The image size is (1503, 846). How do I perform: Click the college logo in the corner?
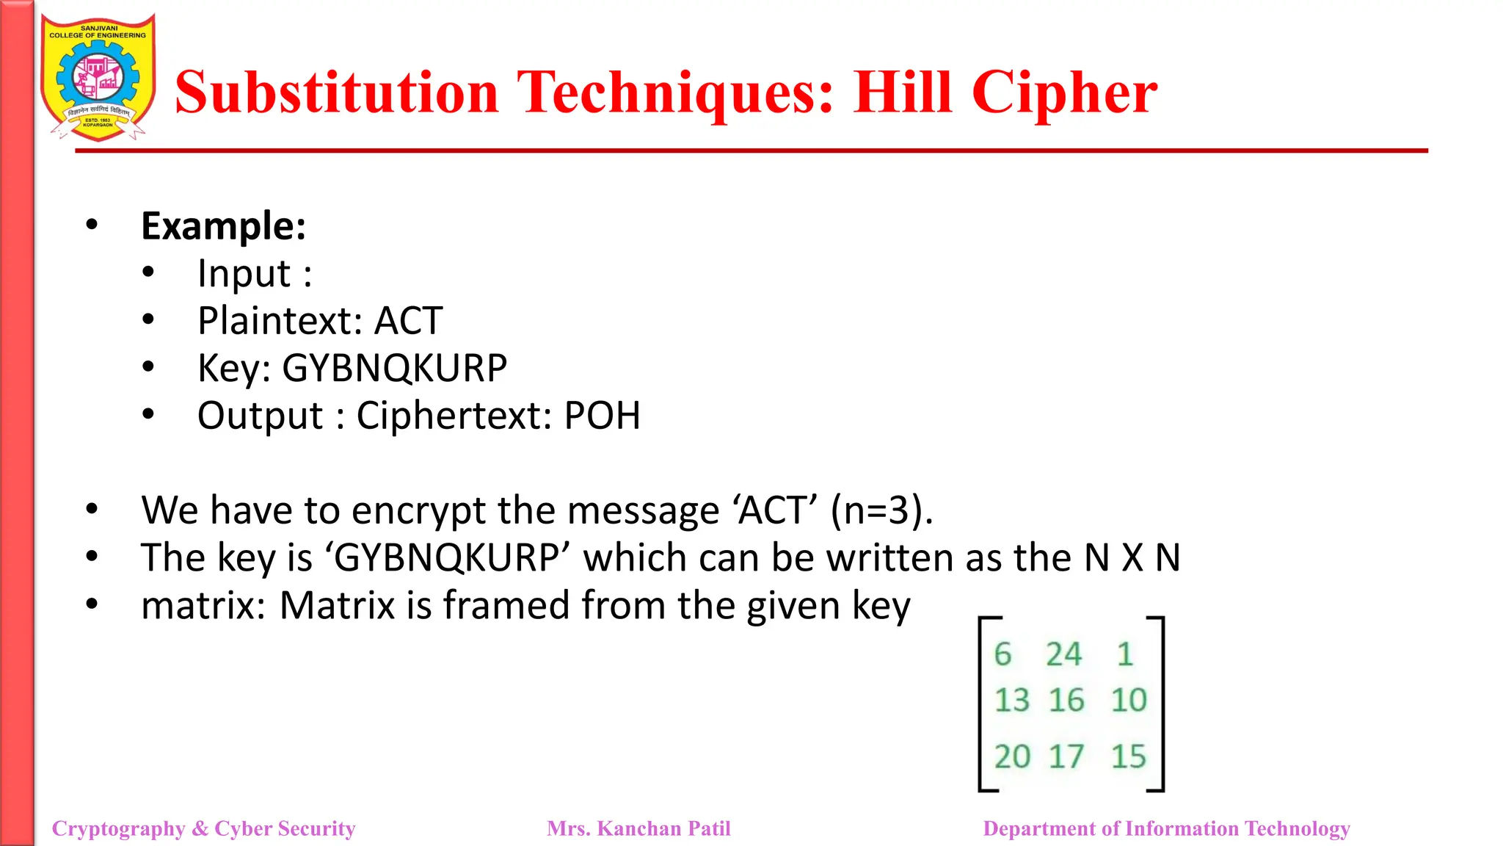click(x=98, y=78)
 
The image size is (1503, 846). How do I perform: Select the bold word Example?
click(x=223, y=226)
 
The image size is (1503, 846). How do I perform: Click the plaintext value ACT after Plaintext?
click(x=408, y=321)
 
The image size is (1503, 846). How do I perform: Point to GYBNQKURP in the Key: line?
click(x=395, y=368)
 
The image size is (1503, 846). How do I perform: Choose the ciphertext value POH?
click(x=602, y=416)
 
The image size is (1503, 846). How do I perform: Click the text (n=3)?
click(x=881, y=510)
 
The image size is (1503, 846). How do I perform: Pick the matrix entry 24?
click(x=1063, y=654)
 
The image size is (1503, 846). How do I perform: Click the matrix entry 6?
click(x=1002, y=654)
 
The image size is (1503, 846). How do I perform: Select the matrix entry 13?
click(x=1012, y=701)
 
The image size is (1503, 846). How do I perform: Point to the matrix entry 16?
click(x=1066, y=701)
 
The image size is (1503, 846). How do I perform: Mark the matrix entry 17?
click(x=1066, y=756)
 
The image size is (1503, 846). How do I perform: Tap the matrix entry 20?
click(x=1012, y=756)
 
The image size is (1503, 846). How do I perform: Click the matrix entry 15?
click(x=1128, y=756)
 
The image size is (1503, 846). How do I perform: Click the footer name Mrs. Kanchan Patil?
click(x=638, y=828)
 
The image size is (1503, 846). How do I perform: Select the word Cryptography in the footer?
click(x=118, y=829)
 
